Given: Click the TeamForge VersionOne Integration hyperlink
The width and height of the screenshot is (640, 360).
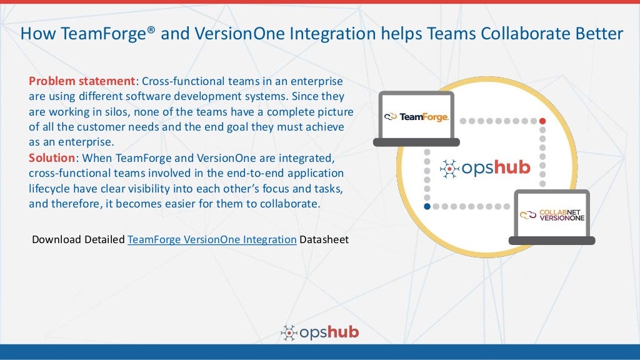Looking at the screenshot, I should click(212, 239).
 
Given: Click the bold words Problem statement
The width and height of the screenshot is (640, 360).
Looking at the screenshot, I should click(82, 82).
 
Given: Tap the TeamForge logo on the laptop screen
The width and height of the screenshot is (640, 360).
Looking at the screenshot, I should click(416, 116).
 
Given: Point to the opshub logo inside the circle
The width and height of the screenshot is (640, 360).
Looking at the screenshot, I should click(485, 167).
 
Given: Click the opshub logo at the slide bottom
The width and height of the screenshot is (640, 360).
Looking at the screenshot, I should click(320, 332).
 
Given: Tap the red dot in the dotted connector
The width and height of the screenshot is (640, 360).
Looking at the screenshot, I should click(542, 121).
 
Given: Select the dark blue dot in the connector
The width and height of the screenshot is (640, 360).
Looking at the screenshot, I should click(427, 206).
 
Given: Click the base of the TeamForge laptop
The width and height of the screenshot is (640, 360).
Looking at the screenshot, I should click(416, 142).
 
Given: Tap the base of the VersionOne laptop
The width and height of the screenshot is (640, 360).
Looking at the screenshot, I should click(552, 240).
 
